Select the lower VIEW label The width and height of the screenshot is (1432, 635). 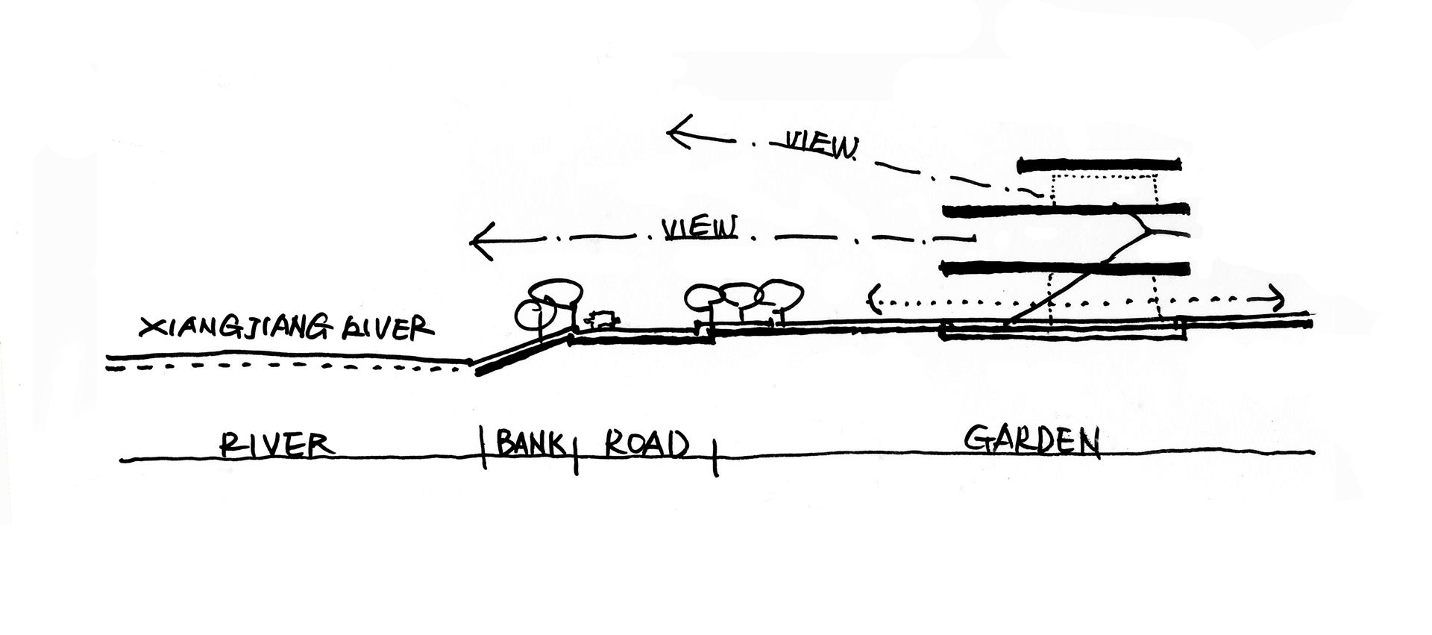pos(700,228)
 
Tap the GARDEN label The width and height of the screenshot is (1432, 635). pos(1032,441)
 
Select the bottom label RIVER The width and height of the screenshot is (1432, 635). pos(276,445)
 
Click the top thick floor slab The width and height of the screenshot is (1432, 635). pos(1099,163)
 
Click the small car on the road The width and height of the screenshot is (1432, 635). pos(602,320)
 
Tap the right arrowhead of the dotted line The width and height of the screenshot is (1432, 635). pos(1277,300)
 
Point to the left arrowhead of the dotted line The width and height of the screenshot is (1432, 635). pos(873,300)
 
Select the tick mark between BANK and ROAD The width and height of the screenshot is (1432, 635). pos(575,452)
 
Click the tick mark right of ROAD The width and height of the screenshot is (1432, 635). pos(715,456)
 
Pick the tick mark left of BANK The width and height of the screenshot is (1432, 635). pos(483,446)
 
